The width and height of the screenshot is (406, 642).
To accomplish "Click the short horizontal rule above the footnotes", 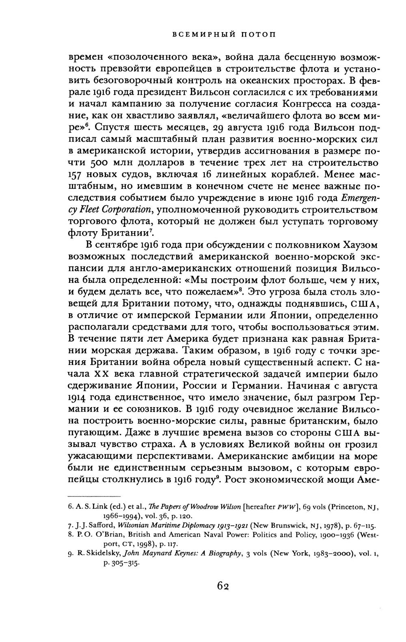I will [94, 496].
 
